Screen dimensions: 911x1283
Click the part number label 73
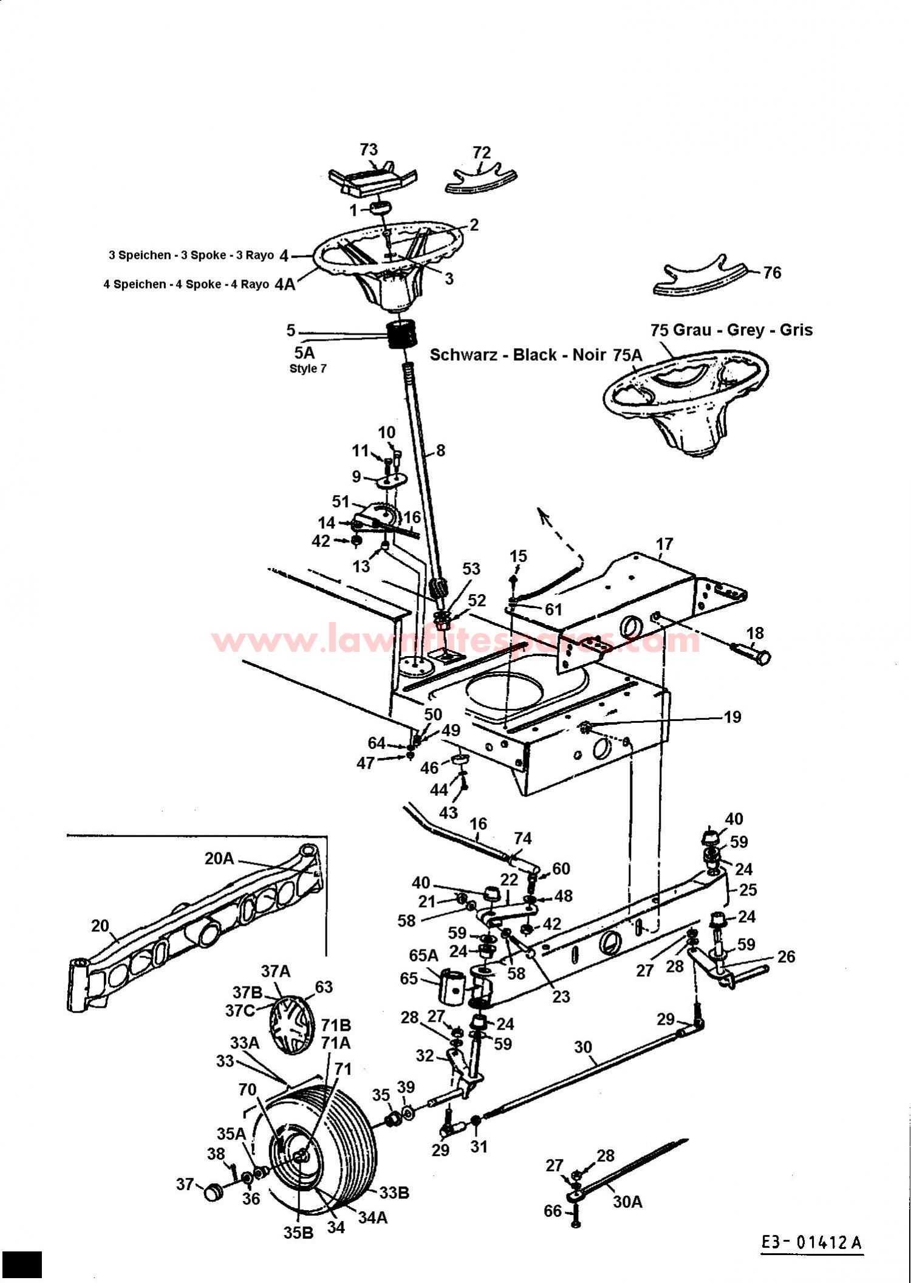[x=369, y=149]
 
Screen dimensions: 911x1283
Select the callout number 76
[x=772, y=273]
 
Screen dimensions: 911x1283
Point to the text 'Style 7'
[x=308, y=369]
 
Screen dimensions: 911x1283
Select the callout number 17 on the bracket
[x=664, y=544]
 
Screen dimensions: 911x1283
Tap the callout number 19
[x=732, y=717]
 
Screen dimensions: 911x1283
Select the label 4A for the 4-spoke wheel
[x=285, y=284]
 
